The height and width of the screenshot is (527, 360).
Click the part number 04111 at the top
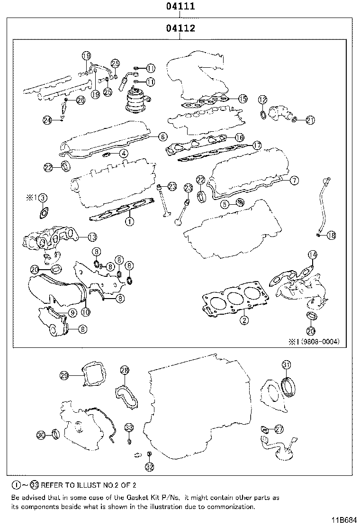(x=181, y=7)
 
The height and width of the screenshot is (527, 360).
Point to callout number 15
(x=242, y=99)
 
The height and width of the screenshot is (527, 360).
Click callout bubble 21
(x=310, y=120)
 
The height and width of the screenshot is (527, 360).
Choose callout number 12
(x=262, y=100)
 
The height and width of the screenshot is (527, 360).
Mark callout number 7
(x=294, y=180)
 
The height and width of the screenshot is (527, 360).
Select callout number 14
(x=312, y=255)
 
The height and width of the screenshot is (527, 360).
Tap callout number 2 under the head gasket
(x=244, y=320)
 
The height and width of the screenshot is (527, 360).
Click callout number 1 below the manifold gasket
(x=128, y=221)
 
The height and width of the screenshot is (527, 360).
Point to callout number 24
(x=47, y=120)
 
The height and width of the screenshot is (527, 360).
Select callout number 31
(x=286, y=364)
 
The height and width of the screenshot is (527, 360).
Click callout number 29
(x=65, y=376)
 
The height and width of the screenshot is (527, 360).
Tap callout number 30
(x=42, y=435)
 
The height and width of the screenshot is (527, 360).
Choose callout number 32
(x=149, y=467)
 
